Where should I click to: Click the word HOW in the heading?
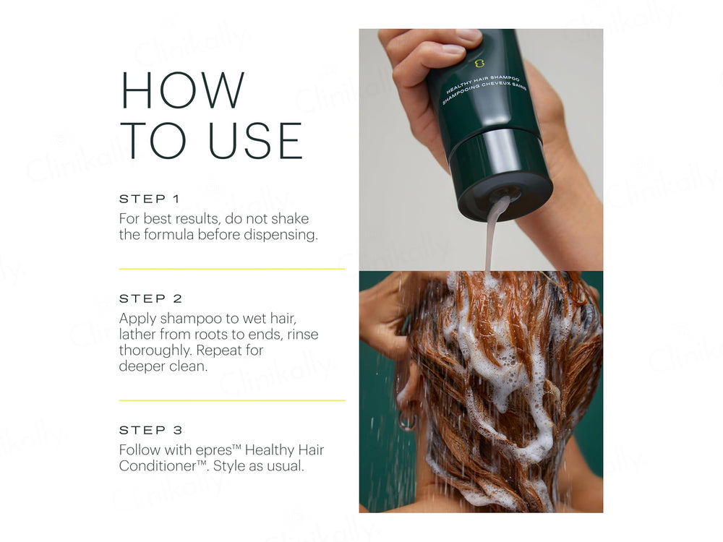pos(183,91)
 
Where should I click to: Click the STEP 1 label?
pos(149,199)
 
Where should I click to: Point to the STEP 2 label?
pos(150,298)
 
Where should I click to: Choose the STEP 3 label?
pos(150,430)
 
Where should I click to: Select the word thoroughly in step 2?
pos(155,350)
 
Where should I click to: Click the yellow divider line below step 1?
pos(231,269)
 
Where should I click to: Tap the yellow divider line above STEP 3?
pos(231,400)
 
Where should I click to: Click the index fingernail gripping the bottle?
pos(453,49)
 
